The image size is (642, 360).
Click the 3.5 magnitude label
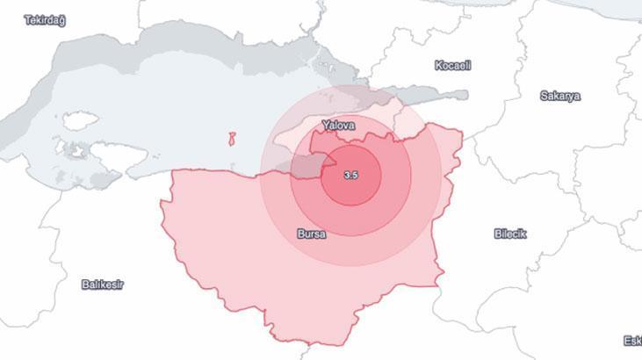[x=350, y=176]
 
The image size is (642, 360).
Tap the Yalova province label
[x=338, y=126]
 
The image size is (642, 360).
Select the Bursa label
[x=313, y=234]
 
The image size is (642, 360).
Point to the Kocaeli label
[x=453, y=66]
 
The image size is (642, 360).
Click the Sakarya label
[x=559, y=97]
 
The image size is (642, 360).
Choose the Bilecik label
[x=510, y=234]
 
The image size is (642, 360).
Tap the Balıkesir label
[x=103, y=284]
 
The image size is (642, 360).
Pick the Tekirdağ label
[x=45, y=19]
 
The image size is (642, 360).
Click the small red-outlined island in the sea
[x=233, y=140]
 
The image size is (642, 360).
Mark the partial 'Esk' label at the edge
[x=631, y=341]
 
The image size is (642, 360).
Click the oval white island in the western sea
[x=81, y=120]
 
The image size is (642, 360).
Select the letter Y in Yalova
[x=325, y=126]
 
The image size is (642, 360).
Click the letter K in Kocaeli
[x=438, y=66]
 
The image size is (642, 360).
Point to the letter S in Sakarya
[x=544, y=97]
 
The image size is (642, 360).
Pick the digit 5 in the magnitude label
[x=354, y=176]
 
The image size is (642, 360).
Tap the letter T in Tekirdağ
[x=28, y=19]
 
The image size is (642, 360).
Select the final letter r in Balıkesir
[x=122, y=284]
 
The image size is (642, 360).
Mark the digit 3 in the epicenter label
[x=346, y=176]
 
